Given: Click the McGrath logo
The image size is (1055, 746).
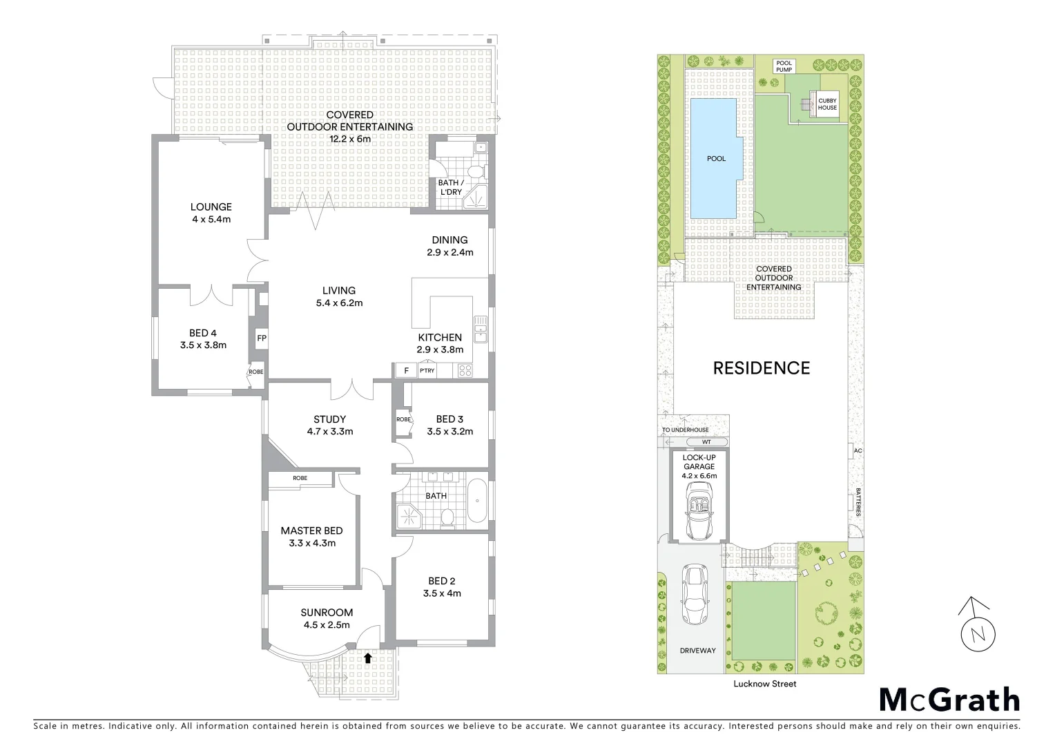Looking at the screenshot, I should point(949,700).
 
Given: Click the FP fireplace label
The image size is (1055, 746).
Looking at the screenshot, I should point(261,338).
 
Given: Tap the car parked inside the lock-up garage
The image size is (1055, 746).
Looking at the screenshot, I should point(699,510).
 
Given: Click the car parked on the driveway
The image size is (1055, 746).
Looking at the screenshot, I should point(693,594).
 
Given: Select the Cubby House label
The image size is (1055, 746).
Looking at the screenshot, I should point(827,104).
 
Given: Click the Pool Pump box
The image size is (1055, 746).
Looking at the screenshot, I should point(784,66).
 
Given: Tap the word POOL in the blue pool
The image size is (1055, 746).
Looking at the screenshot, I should point(716,159).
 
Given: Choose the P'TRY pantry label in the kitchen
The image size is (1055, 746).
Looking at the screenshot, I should point(427,371).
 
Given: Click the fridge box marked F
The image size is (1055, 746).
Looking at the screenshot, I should point(406,371).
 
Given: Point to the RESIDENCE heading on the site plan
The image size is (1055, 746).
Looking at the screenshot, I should point(761,368).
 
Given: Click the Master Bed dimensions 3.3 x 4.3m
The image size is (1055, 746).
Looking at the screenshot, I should point(311,543).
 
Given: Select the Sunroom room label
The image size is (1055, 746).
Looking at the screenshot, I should point(327,612).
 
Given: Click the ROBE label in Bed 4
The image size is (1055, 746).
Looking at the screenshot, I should point(256,372).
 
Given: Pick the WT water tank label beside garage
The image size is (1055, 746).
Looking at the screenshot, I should point(706,441).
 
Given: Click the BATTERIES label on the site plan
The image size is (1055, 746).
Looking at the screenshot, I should point(858,502).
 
